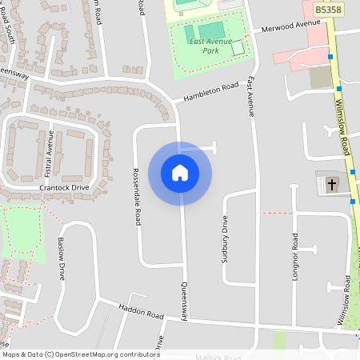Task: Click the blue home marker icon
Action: [x=180, y=172]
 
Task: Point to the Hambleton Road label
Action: [x=211, y=91]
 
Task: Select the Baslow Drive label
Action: [x=61, y=257]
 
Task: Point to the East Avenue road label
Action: [x=250, y=97]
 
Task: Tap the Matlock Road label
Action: [x=217, y=358]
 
